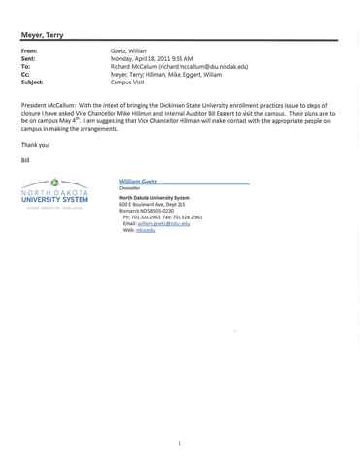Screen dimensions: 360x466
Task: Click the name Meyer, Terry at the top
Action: coord(42,35)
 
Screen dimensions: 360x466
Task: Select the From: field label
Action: coord(29,50)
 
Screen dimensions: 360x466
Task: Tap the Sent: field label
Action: coord(28,58)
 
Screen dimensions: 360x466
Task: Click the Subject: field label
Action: coord(32,83)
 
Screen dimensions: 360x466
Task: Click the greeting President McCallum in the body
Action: coord(49,105)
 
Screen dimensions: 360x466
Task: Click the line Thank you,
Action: coord(35,145)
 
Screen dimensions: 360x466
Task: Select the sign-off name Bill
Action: coord(25,160)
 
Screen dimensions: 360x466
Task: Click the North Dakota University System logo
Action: coord(54,193)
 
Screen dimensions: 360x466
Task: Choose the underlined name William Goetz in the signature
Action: coord(138,182)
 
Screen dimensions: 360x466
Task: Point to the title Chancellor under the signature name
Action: coord(129,188)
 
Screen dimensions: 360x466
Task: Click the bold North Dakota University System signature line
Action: coord(154,198)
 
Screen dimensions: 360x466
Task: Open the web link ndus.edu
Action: coord(146,230)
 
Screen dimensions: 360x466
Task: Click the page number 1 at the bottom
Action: coord(180,443)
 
